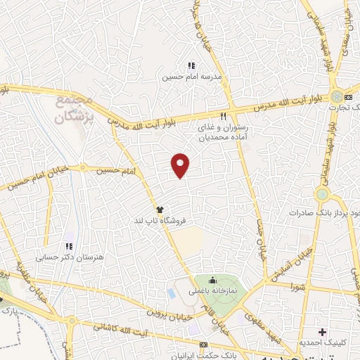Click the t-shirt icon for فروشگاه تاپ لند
tap(160, 210)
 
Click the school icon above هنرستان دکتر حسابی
tap(68, 247)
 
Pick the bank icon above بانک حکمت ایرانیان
tap(203, 345)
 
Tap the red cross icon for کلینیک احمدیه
tap(323, 332)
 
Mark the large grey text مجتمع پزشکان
tap(74, 111)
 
